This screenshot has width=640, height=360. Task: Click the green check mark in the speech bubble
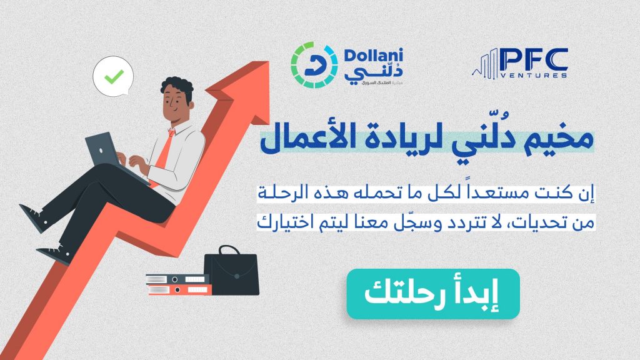(114, 76)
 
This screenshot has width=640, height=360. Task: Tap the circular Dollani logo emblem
(314, 65)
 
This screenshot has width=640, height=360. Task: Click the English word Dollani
(374, 55)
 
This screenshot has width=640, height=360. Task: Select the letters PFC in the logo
(534, 59)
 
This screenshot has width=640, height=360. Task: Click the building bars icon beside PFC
(486, 64)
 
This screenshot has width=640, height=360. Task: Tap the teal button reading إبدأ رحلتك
(433, 294)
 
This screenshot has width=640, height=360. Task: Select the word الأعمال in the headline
(301, 139)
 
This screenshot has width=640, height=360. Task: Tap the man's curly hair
(177, 86)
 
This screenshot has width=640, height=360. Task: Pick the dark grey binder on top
(177, 279)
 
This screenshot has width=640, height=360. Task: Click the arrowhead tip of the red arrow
(269, 62)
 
